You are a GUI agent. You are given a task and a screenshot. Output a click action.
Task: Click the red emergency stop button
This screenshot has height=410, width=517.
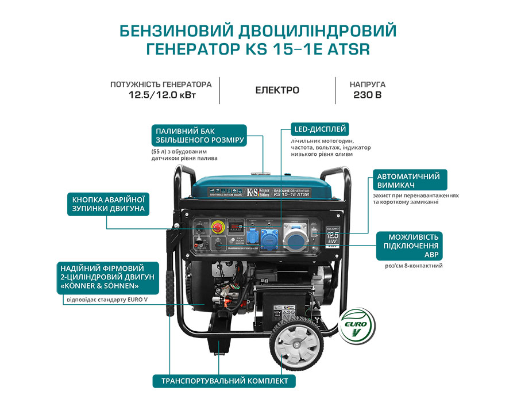(x=219, y=228)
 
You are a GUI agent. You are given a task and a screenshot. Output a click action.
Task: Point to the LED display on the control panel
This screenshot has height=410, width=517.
(x=237, y=227)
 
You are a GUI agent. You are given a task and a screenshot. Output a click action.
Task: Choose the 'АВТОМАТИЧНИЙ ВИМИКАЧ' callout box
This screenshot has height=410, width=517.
(x=409, y=180)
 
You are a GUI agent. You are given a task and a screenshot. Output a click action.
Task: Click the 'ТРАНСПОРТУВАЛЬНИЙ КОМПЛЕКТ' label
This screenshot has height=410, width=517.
(x=223, y=381)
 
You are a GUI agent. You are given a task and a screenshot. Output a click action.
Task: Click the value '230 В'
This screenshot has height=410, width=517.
(x=367, y=95)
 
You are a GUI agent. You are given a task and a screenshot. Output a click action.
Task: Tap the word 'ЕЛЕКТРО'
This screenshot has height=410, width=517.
(x=277, y=90)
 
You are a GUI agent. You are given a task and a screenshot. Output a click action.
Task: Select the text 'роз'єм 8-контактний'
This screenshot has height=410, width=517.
(x=414, y=266)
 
